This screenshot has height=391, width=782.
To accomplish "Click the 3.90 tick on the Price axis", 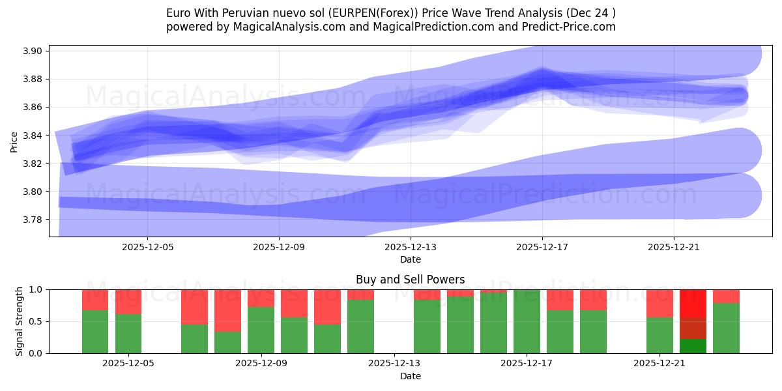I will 33,51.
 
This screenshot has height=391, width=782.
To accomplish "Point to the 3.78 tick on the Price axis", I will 33,220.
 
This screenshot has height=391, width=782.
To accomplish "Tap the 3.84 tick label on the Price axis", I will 33,136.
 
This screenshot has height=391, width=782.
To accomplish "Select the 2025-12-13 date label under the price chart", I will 411,247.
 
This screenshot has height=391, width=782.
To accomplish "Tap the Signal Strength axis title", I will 19,321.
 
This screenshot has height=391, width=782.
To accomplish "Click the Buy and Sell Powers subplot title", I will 411,280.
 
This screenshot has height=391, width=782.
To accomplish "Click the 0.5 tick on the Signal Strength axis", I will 36,321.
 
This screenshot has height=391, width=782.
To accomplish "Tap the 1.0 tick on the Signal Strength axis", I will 36,289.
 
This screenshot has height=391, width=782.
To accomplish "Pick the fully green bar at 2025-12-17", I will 527,321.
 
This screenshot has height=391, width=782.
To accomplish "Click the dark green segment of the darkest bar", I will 693,346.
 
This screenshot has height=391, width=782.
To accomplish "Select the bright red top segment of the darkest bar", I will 693,303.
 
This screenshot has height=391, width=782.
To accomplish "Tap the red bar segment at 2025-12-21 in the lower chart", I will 659,303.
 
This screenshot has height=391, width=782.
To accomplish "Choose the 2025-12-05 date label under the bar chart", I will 129,363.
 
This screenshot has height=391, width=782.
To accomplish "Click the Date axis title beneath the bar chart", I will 411,376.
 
